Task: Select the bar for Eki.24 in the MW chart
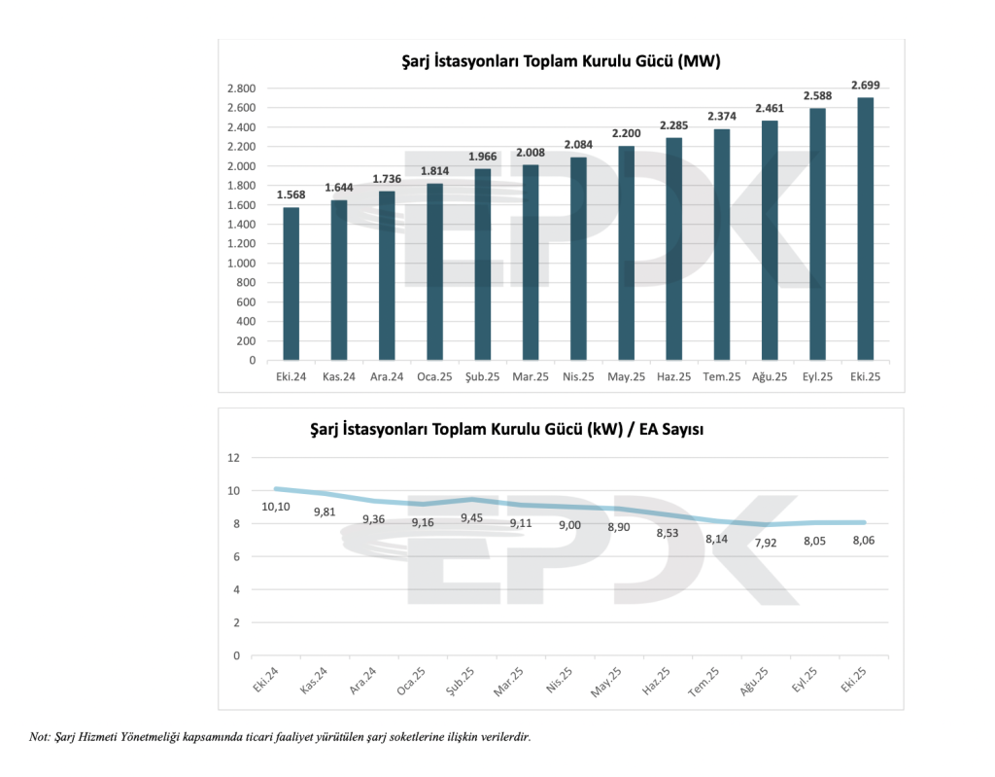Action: [291, 283]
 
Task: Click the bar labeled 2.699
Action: [865, 229]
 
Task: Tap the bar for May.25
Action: [626, 253]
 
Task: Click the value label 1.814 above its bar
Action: [434, 171]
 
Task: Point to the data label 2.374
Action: [721, 117]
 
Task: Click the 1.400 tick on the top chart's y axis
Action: [241, 225]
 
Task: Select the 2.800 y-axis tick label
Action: [241, 88]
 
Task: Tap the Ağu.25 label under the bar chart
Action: [770, 377]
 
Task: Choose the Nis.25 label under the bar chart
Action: [578, 377]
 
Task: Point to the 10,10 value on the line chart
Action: [277, 507]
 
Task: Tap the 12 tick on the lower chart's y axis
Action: [232, 457]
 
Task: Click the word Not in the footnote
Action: [39, 737]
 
